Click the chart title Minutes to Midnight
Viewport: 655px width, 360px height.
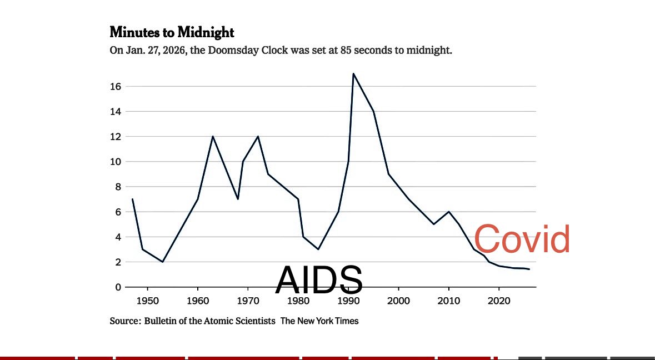pyautogui.click(x=172, y=32)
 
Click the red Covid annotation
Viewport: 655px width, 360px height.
pyautogui.click(x=522, y=239)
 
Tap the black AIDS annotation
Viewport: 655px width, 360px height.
pyautogui.click(x=319, y=279)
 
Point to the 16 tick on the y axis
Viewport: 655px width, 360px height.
pyautogui.click(x=116, y=87)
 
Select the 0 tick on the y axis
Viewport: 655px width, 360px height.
pyautogui.click(x=118, y=287)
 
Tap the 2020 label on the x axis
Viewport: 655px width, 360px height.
pyautogui.click(x=499, y=301)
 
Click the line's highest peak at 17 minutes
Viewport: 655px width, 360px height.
pyautogui.click(x=353, y=74)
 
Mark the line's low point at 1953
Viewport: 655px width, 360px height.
pyautogui.click(x=162, y=262)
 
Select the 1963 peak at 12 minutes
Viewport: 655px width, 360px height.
pyautogui.click(x=213, y=136)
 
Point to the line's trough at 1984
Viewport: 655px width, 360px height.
pyautogui.click(x=318, y=249)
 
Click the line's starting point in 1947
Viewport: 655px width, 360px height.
pyautogui.click(x=132, y=199)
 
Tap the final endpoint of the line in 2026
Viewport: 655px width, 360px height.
pyautogui.click(x=529, y=269)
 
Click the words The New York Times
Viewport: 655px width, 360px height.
pyautogui.click(x=319, y=321)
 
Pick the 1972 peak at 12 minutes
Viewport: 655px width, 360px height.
pyautogui.click(x=258, y=136)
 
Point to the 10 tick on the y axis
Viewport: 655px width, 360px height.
pyautogui.click(x=116, y=162)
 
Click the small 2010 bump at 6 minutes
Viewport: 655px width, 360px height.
pyautogui.click(x=449, y=212)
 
